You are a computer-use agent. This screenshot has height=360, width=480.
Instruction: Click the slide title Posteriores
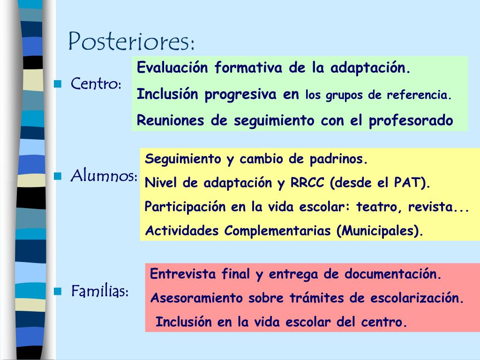[x=131, y=41]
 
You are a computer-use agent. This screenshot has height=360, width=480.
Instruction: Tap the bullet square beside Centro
[x=58, y=84]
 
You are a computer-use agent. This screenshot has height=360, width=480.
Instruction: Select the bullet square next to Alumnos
[x=58, y=176]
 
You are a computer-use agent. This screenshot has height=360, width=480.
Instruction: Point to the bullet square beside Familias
[x=58, y=291]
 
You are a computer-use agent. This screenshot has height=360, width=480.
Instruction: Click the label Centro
[x=96, y=83]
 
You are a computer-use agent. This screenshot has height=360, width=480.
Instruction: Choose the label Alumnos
[x=104, y=176]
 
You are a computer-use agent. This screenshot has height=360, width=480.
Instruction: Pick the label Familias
[x=100, y=291]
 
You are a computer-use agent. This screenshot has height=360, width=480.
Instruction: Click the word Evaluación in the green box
[x=172, y=67]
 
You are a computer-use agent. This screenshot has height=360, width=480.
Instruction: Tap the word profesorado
[x=411, y=121]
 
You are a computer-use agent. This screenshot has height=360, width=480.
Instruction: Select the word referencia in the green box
[x=419, y=95]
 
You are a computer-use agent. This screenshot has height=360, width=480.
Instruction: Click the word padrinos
[x=338, y=159]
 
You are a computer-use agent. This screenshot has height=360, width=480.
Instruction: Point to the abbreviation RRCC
[x=307, y=183]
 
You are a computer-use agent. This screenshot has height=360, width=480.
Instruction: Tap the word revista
[x=431, y=207]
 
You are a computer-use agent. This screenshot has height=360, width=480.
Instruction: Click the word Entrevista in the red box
[x=183, y=274]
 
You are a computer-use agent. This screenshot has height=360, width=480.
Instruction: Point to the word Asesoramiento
[x=196, y=298]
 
